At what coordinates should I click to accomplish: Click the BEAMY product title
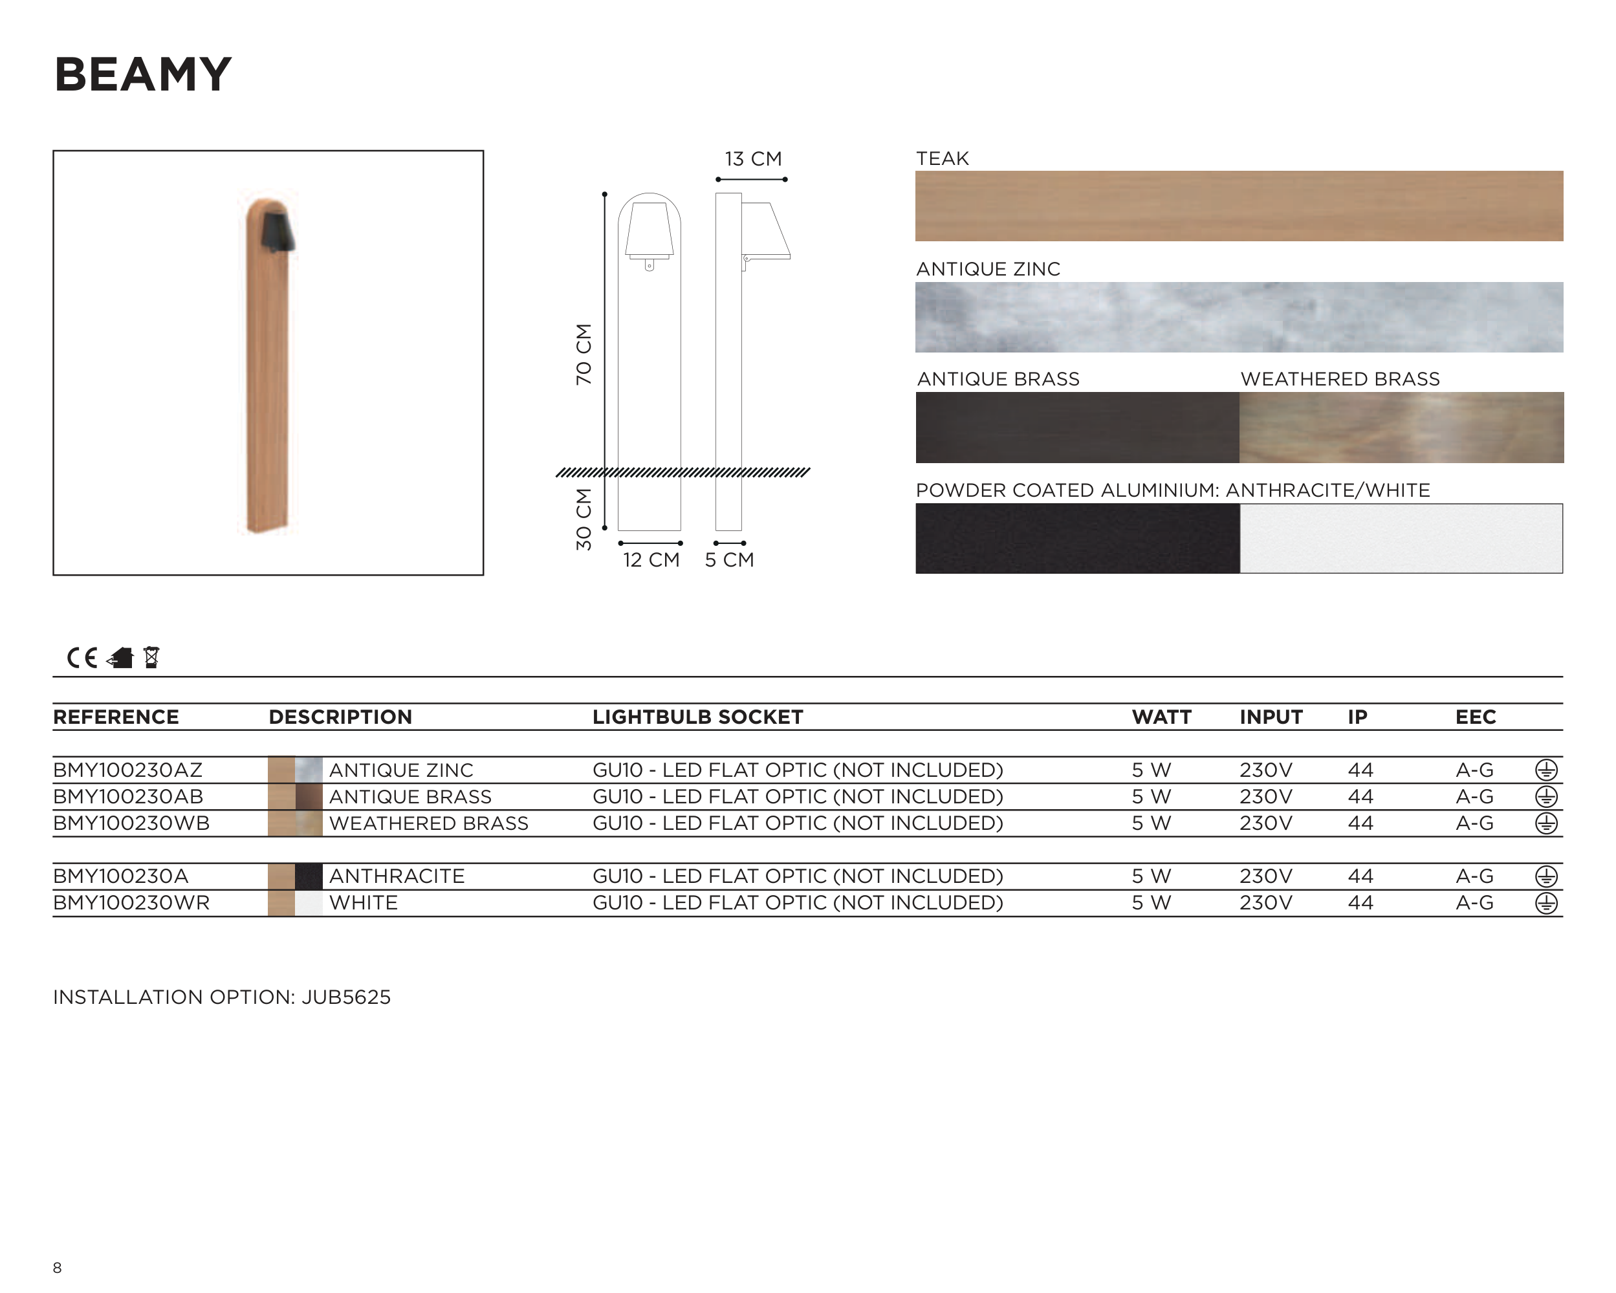tap(142, 75)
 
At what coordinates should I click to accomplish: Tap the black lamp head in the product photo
tap(278, 231)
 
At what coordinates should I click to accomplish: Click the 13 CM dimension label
tap(752, 159)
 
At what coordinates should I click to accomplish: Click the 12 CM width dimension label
tap(651, 560)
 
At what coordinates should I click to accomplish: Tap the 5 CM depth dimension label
tap(729, 560)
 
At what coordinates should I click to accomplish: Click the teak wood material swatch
tap(1239, 206)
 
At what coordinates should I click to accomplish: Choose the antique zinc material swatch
tap(1239, 317)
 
